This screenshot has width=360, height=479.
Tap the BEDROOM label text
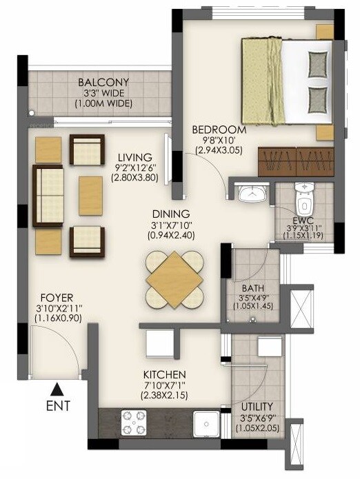click(219, 130)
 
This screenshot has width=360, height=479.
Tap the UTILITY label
click(257, 407)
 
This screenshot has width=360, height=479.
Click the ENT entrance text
click(59, 407)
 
